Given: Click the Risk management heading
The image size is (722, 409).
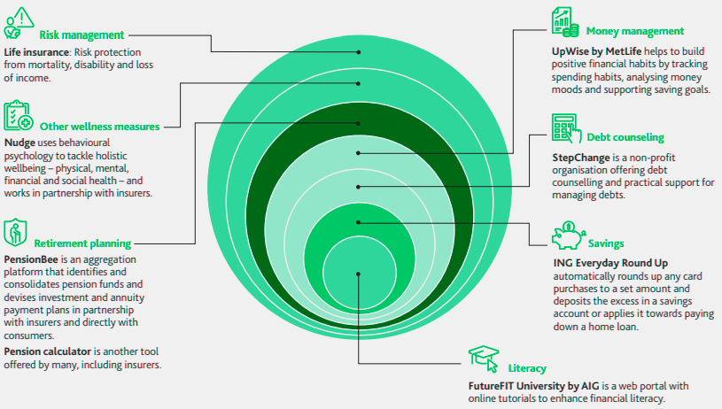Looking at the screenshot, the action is (82, 35).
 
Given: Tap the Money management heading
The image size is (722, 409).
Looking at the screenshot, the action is (635, 31).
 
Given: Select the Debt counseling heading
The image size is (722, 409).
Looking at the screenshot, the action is (625, 137).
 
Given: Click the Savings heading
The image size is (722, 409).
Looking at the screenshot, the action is (606, 243).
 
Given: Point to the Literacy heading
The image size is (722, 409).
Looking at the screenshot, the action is (527, 368).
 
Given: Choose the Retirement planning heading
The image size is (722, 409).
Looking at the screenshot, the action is (82, 243).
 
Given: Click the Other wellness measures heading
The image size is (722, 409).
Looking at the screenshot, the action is (99, 127).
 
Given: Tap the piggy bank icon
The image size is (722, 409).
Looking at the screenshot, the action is (569, 235).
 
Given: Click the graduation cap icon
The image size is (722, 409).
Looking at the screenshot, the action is (484, 359).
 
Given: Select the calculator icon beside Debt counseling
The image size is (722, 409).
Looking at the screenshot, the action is (566, 128).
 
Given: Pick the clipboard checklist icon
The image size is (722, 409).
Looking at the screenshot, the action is (19, 115).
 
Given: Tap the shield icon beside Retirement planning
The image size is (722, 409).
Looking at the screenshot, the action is (15, 232).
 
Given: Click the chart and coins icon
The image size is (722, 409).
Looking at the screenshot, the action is (565, 21).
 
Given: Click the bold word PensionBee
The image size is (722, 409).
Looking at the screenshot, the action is (31, 259).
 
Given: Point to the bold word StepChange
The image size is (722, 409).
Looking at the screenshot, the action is (581, 158).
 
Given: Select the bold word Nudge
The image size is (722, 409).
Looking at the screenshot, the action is (19, 143).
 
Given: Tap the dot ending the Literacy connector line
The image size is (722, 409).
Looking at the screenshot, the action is (358, 274).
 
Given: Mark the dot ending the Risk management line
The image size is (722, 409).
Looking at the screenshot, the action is (359, 52).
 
